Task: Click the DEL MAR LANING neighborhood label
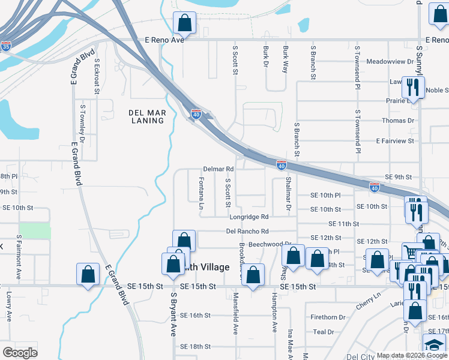point(146,116)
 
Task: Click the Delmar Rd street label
point(218,169)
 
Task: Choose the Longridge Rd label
point(248,217)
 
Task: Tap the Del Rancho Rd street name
point(247,231)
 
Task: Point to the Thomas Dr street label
point(399,121)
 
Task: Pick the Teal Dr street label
point(323,332)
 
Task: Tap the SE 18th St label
point(196,346)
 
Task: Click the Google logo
point(20,352)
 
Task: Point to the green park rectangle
point(35,230)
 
